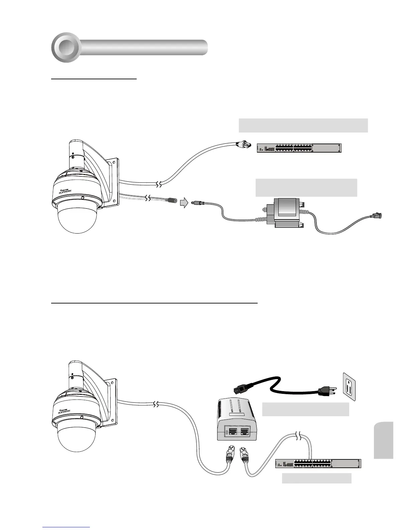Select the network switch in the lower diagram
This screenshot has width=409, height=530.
point(318,464)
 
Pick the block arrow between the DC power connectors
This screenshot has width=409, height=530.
point(184,202)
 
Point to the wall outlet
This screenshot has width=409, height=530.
point(349,386)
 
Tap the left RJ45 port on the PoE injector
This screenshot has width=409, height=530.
point(231,431)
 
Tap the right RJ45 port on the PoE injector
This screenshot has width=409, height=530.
point(245,431)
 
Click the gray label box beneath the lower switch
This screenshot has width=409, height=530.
point(316,478)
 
